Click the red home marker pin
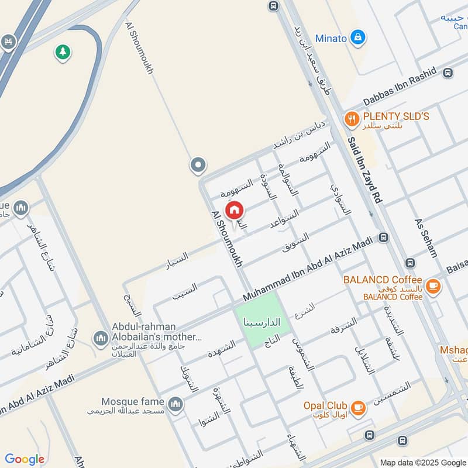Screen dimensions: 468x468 tap(235, 210)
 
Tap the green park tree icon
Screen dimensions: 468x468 tap(63, 52)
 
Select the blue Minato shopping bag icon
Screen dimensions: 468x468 tap(359, 38)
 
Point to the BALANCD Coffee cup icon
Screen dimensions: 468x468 tap(433, 285)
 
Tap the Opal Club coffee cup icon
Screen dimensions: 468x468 tap(358, 408)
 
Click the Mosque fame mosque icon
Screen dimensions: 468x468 tap(175, 404)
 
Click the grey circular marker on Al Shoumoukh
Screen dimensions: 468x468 tap(198, 166)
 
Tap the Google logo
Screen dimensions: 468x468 tap(25, 459)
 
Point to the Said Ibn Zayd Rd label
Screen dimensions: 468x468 tap(363, 170)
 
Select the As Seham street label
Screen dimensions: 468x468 tap(426, 238)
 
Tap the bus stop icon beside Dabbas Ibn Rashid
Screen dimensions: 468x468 tap(448, 73)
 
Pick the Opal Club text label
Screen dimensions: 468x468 tap(325, 405)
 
